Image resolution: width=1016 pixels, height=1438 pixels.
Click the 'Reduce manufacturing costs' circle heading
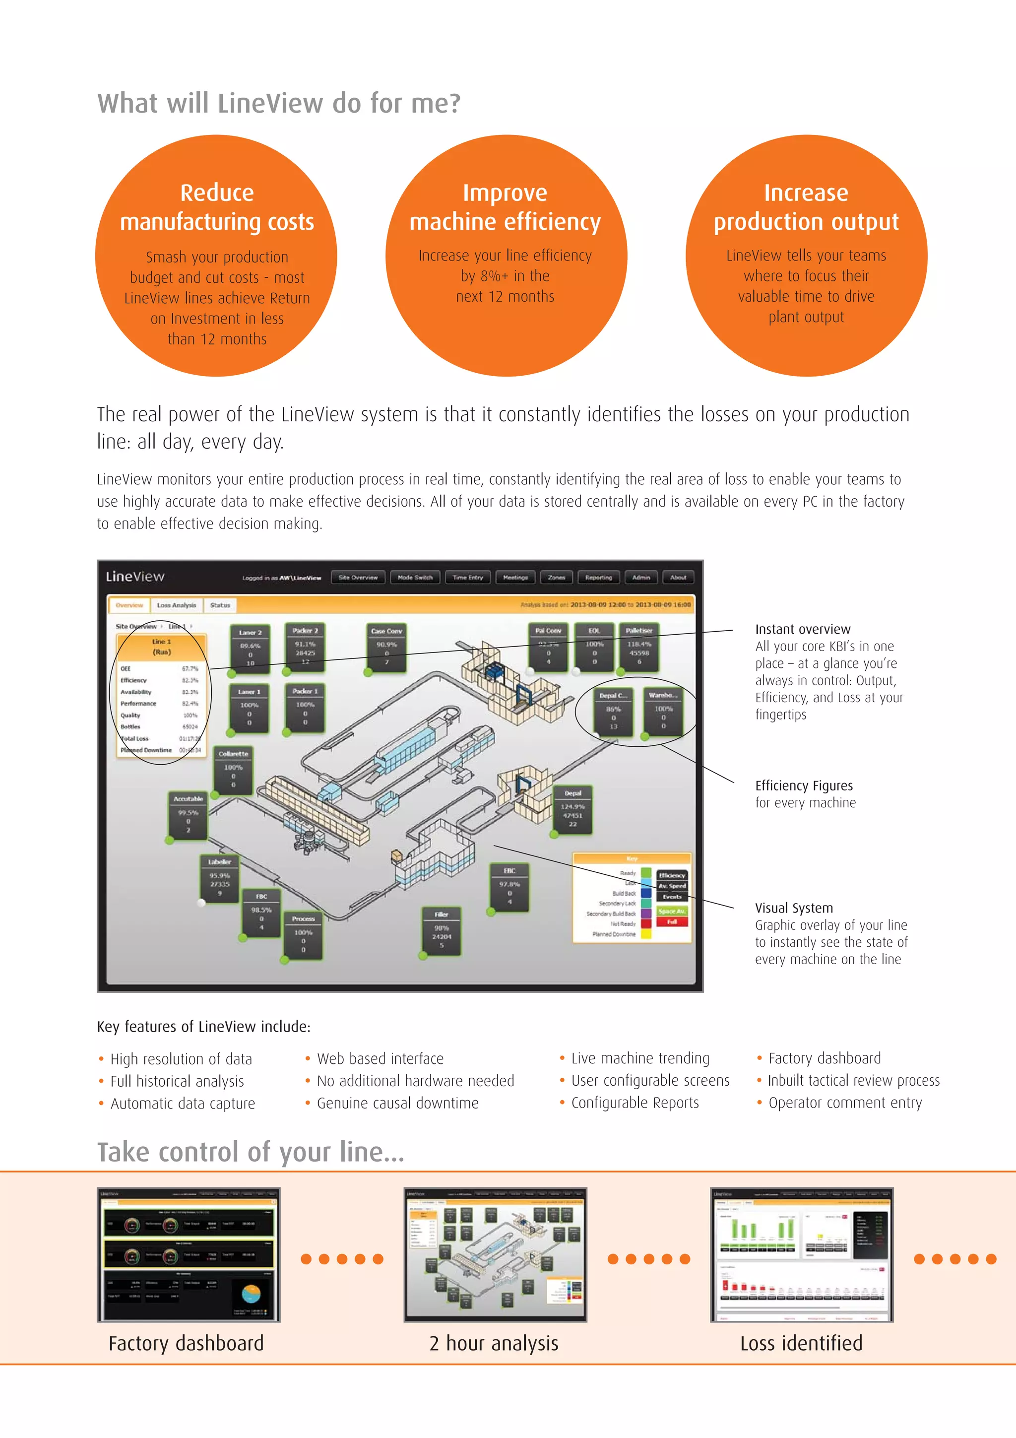[217, 207]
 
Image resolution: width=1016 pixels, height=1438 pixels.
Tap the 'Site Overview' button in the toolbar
[358, 578]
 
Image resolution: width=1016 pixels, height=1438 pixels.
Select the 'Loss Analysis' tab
[176, 605]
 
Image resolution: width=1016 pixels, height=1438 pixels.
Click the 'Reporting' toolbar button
[598, 578]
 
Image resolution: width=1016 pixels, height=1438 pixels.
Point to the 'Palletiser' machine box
[638, 648]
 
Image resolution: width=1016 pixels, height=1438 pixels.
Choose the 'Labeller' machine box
[220, 878]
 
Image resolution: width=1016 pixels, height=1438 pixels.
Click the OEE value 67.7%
[190, 669]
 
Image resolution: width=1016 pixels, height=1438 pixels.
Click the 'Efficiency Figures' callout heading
[804, 785]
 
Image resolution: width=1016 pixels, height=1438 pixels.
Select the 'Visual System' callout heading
[794, 908]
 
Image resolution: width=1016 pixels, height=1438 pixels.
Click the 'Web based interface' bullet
[380, 1058]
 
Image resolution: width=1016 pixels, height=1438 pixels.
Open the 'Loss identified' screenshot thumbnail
[801, 1254]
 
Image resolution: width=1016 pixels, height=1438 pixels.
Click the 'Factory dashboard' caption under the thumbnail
[186, 1343]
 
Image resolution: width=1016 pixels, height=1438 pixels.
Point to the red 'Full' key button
[672, 922]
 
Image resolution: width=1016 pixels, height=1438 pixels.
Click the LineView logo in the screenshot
[135, 576]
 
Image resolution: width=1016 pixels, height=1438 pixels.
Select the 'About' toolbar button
[678, 578]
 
